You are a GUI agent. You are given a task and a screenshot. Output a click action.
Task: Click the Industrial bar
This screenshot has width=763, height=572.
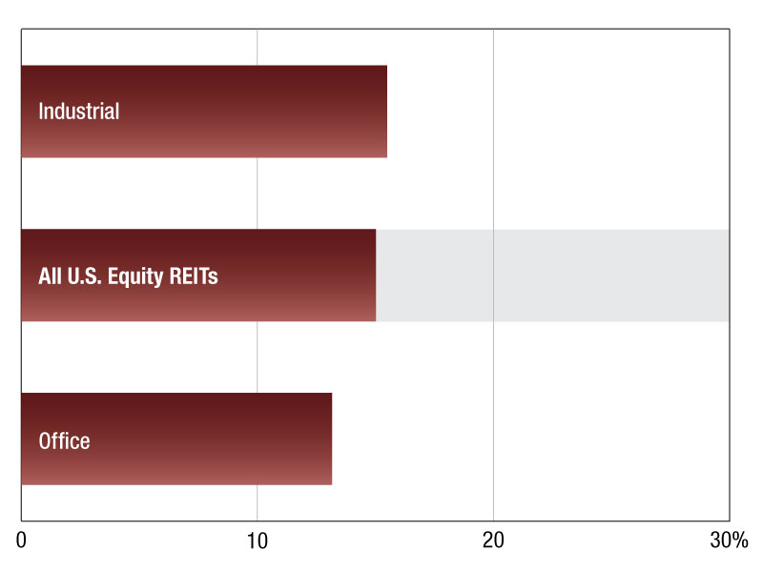coord(204,112)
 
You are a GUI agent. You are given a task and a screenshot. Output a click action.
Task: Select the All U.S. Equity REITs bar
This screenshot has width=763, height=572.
coord(198,276)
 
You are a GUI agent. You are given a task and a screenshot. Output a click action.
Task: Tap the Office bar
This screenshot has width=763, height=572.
coord(176,439)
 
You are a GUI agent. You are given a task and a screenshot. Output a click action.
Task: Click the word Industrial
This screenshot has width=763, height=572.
coord(79,112)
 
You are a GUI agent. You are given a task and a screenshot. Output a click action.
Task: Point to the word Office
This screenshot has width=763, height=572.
coord(64,441)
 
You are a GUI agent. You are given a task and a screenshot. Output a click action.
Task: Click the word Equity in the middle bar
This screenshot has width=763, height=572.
coord(135,277)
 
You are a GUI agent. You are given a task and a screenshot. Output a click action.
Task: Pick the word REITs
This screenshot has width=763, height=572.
coord(194,276)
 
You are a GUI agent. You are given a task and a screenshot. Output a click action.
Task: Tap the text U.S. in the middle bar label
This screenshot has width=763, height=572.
coord(84,276)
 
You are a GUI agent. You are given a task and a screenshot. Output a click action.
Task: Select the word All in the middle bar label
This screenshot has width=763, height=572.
coord(51,276)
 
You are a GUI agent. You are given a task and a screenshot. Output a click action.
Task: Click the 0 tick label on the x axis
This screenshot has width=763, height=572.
coord(21,541)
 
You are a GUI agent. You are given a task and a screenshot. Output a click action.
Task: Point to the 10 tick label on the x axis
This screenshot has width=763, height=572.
coord(257,541)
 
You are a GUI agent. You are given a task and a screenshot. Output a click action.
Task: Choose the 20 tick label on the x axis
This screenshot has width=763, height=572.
coord(493,541)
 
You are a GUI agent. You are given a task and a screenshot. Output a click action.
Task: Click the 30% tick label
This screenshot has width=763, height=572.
coord(729,541)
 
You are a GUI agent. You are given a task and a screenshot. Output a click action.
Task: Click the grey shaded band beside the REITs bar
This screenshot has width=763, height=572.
coord(552,276)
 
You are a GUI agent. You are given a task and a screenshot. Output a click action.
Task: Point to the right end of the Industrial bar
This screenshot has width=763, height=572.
coord(387,112)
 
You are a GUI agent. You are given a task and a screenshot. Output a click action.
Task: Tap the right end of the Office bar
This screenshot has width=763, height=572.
coord(332,439)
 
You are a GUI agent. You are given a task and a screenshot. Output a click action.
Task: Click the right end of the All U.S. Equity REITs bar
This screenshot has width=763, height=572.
coord(376,276)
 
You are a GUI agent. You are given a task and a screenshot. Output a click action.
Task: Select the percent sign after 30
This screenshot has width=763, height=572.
coord(740,541)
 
